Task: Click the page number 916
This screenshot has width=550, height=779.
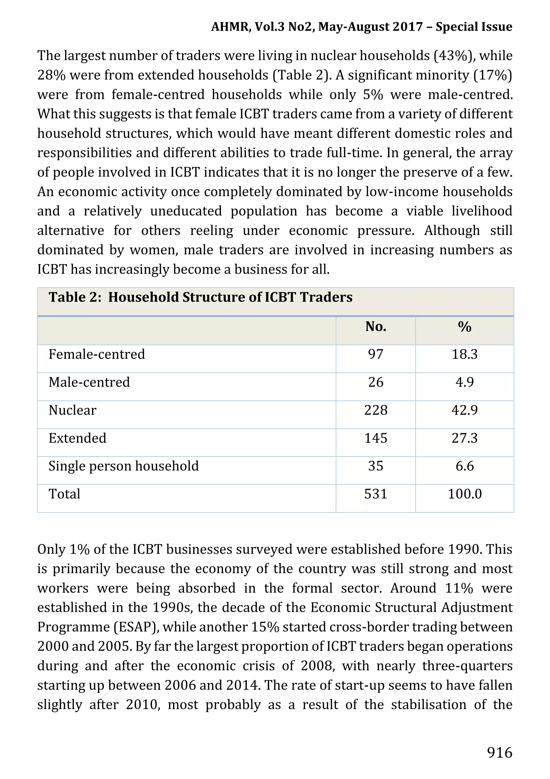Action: coord(500,752)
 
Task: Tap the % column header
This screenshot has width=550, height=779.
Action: coord(464,327)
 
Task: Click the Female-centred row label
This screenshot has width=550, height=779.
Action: coord(97,354)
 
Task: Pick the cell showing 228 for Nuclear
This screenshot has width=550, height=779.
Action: coord(376,410)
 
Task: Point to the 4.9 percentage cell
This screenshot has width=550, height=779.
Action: coord(464,382)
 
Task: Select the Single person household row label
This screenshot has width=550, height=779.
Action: coord(124,466)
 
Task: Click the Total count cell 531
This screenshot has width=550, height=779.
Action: coord(376,494)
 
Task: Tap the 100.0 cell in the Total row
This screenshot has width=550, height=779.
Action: coord(464,494)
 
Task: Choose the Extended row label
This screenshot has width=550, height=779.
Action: coord(77,438)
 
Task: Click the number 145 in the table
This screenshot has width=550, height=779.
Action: coord(376,438)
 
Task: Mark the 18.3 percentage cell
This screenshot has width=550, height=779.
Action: coord(464,354)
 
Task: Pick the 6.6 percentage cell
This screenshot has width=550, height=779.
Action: coord(464,466)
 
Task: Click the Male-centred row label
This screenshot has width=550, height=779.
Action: coord(89,382)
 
